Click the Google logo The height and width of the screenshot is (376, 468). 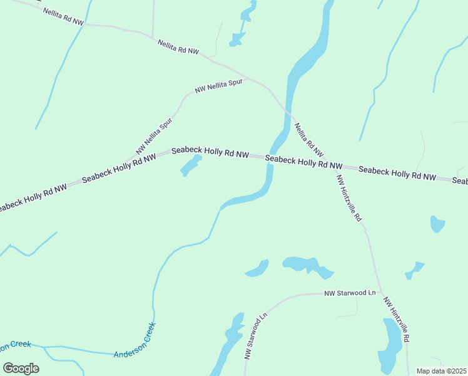21,368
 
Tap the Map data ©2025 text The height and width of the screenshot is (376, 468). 441,371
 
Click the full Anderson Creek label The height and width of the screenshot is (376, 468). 135,341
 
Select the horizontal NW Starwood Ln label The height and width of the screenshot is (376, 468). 350,293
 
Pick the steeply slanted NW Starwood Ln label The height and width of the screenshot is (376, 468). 256,337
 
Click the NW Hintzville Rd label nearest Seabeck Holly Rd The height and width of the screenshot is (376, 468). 349,197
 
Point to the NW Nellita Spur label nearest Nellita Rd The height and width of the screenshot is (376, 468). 218,86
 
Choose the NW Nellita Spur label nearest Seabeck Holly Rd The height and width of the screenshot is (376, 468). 154,137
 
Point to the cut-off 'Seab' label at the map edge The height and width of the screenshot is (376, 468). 460,180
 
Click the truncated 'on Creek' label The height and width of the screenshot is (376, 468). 15,345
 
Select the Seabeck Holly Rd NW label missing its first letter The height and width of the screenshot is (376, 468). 31,197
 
